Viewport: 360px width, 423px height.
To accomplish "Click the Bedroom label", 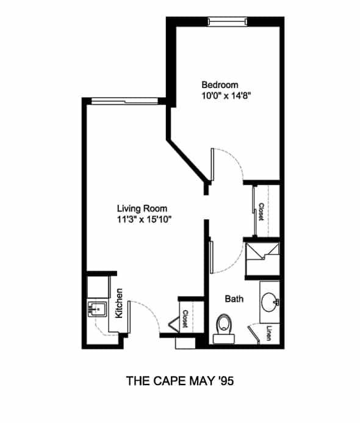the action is [x=220, y=85].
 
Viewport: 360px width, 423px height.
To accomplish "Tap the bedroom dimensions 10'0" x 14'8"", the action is [x=226, y=96].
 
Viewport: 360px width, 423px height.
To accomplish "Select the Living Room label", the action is [x=142, y=209].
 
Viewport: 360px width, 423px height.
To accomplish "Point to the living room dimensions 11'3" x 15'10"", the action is [x=144, y=220].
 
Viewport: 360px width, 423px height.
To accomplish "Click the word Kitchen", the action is [x=119, y=303].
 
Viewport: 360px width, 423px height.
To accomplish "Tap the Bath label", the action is [x=234, y=299].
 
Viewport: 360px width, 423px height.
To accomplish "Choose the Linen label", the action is [x=269, y=333].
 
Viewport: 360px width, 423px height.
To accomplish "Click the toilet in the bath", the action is [x=224, y=329].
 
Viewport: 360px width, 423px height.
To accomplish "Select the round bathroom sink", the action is [x=270, y=302].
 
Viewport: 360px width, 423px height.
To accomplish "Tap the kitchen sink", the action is [x=97, y=309].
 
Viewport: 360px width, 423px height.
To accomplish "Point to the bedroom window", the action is [x=228, y=21].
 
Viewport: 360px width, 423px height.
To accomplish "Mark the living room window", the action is [x=124, y=101].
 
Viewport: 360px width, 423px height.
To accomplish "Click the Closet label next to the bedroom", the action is [x=261, y=212].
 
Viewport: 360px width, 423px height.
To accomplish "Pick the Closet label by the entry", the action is [x=185, y=319].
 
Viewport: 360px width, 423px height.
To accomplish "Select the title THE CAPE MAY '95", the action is [x=180, y=381].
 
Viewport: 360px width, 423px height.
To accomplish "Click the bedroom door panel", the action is [x=212, y=164].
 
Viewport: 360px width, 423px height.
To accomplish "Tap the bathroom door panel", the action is [x=211, y=257].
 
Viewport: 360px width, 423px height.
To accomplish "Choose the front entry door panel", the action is [x=129, y=317].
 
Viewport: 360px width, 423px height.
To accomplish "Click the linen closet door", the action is [x=254, y=334].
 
